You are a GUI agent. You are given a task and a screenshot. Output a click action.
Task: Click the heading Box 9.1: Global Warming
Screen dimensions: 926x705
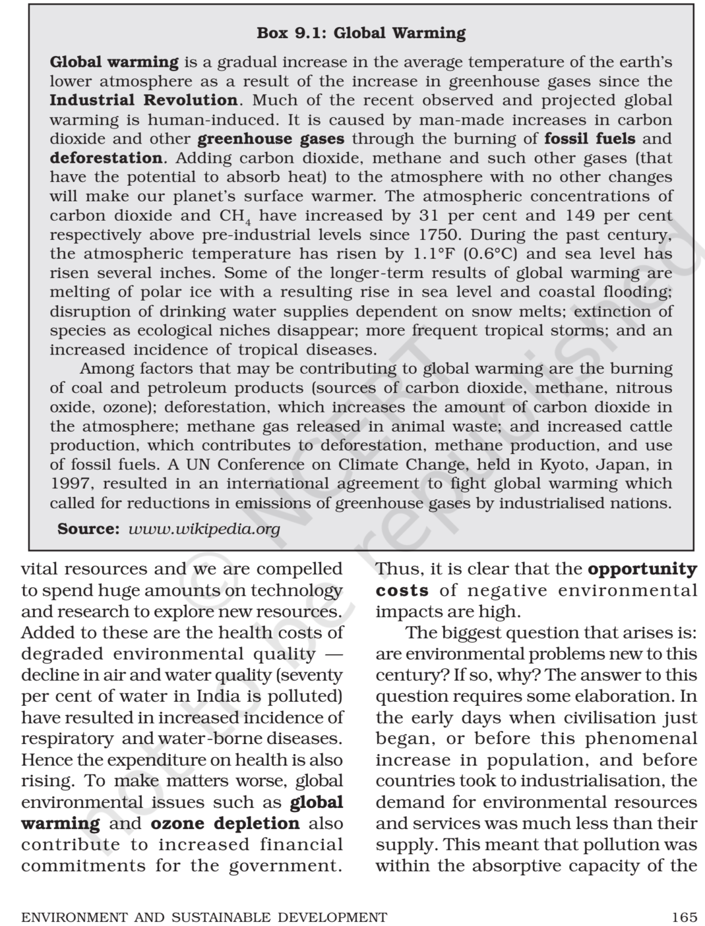[361, 33]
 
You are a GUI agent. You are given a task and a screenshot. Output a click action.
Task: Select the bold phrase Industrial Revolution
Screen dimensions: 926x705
[144, 100]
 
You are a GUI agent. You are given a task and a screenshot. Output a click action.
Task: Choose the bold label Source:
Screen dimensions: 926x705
[89, 529]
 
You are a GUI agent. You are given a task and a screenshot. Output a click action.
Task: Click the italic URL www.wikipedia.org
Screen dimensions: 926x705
[205, 529]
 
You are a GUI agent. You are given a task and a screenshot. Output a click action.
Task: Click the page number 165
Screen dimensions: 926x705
[683, 917]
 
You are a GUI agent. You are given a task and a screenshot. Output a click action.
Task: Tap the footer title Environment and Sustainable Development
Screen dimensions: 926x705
[204, 917]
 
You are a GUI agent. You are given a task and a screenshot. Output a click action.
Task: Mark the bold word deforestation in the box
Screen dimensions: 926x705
[106, 158]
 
